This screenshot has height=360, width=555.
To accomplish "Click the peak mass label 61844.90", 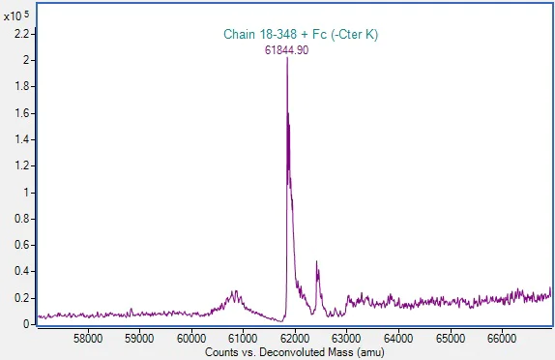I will (287, 50).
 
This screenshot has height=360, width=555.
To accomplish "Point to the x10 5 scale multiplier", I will (15, 16).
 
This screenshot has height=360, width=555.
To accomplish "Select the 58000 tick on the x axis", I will (88, 338).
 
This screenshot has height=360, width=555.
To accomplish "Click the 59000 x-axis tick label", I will (140, 338).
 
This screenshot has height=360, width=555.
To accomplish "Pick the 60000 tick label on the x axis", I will (191, 338).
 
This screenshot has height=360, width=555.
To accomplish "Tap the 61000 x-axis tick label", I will (243, 338).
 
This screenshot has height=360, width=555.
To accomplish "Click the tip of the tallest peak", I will (287, 60).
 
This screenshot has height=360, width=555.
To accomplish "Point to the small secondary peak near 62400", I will (317, 262).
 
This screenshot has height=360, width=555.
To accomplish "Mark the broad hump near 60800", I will (233, 292).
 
